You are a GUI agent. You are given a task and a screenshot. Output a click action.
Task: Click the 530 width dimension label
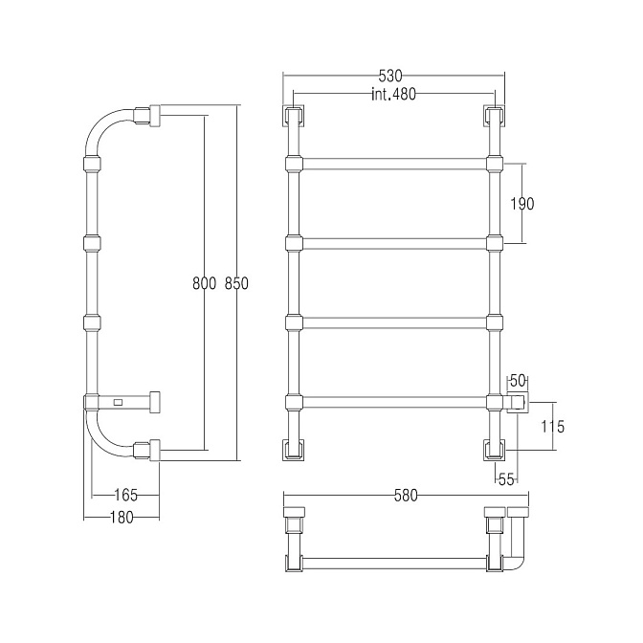pos(390,76)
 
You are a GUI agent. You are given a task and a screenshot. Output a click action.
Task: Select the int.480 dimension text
pos(393,95)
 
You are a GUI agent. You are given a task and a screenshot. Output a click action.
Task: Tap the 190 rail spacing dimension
pos(522,204)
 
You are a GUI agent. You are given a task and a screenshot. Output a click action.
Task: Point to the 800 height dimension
pos(204,283)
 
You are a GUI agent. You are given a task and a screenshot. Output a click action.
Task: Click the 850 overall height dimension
pos(236,283)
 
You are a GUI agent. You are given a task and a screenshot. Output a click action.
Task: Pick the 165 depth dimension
pos(125,496)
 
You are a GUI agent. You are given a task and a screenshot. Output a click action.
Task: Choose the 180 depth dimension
pos(122,518)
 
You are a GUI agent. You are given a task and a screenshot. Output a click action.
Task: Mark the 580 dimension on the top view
pos(405,496)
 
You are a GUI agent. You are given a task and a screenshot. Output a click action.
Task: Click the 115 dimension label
pos(552,427)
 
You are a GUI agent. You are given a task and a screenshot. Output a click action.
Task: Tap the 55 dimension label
pos(506,479)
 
